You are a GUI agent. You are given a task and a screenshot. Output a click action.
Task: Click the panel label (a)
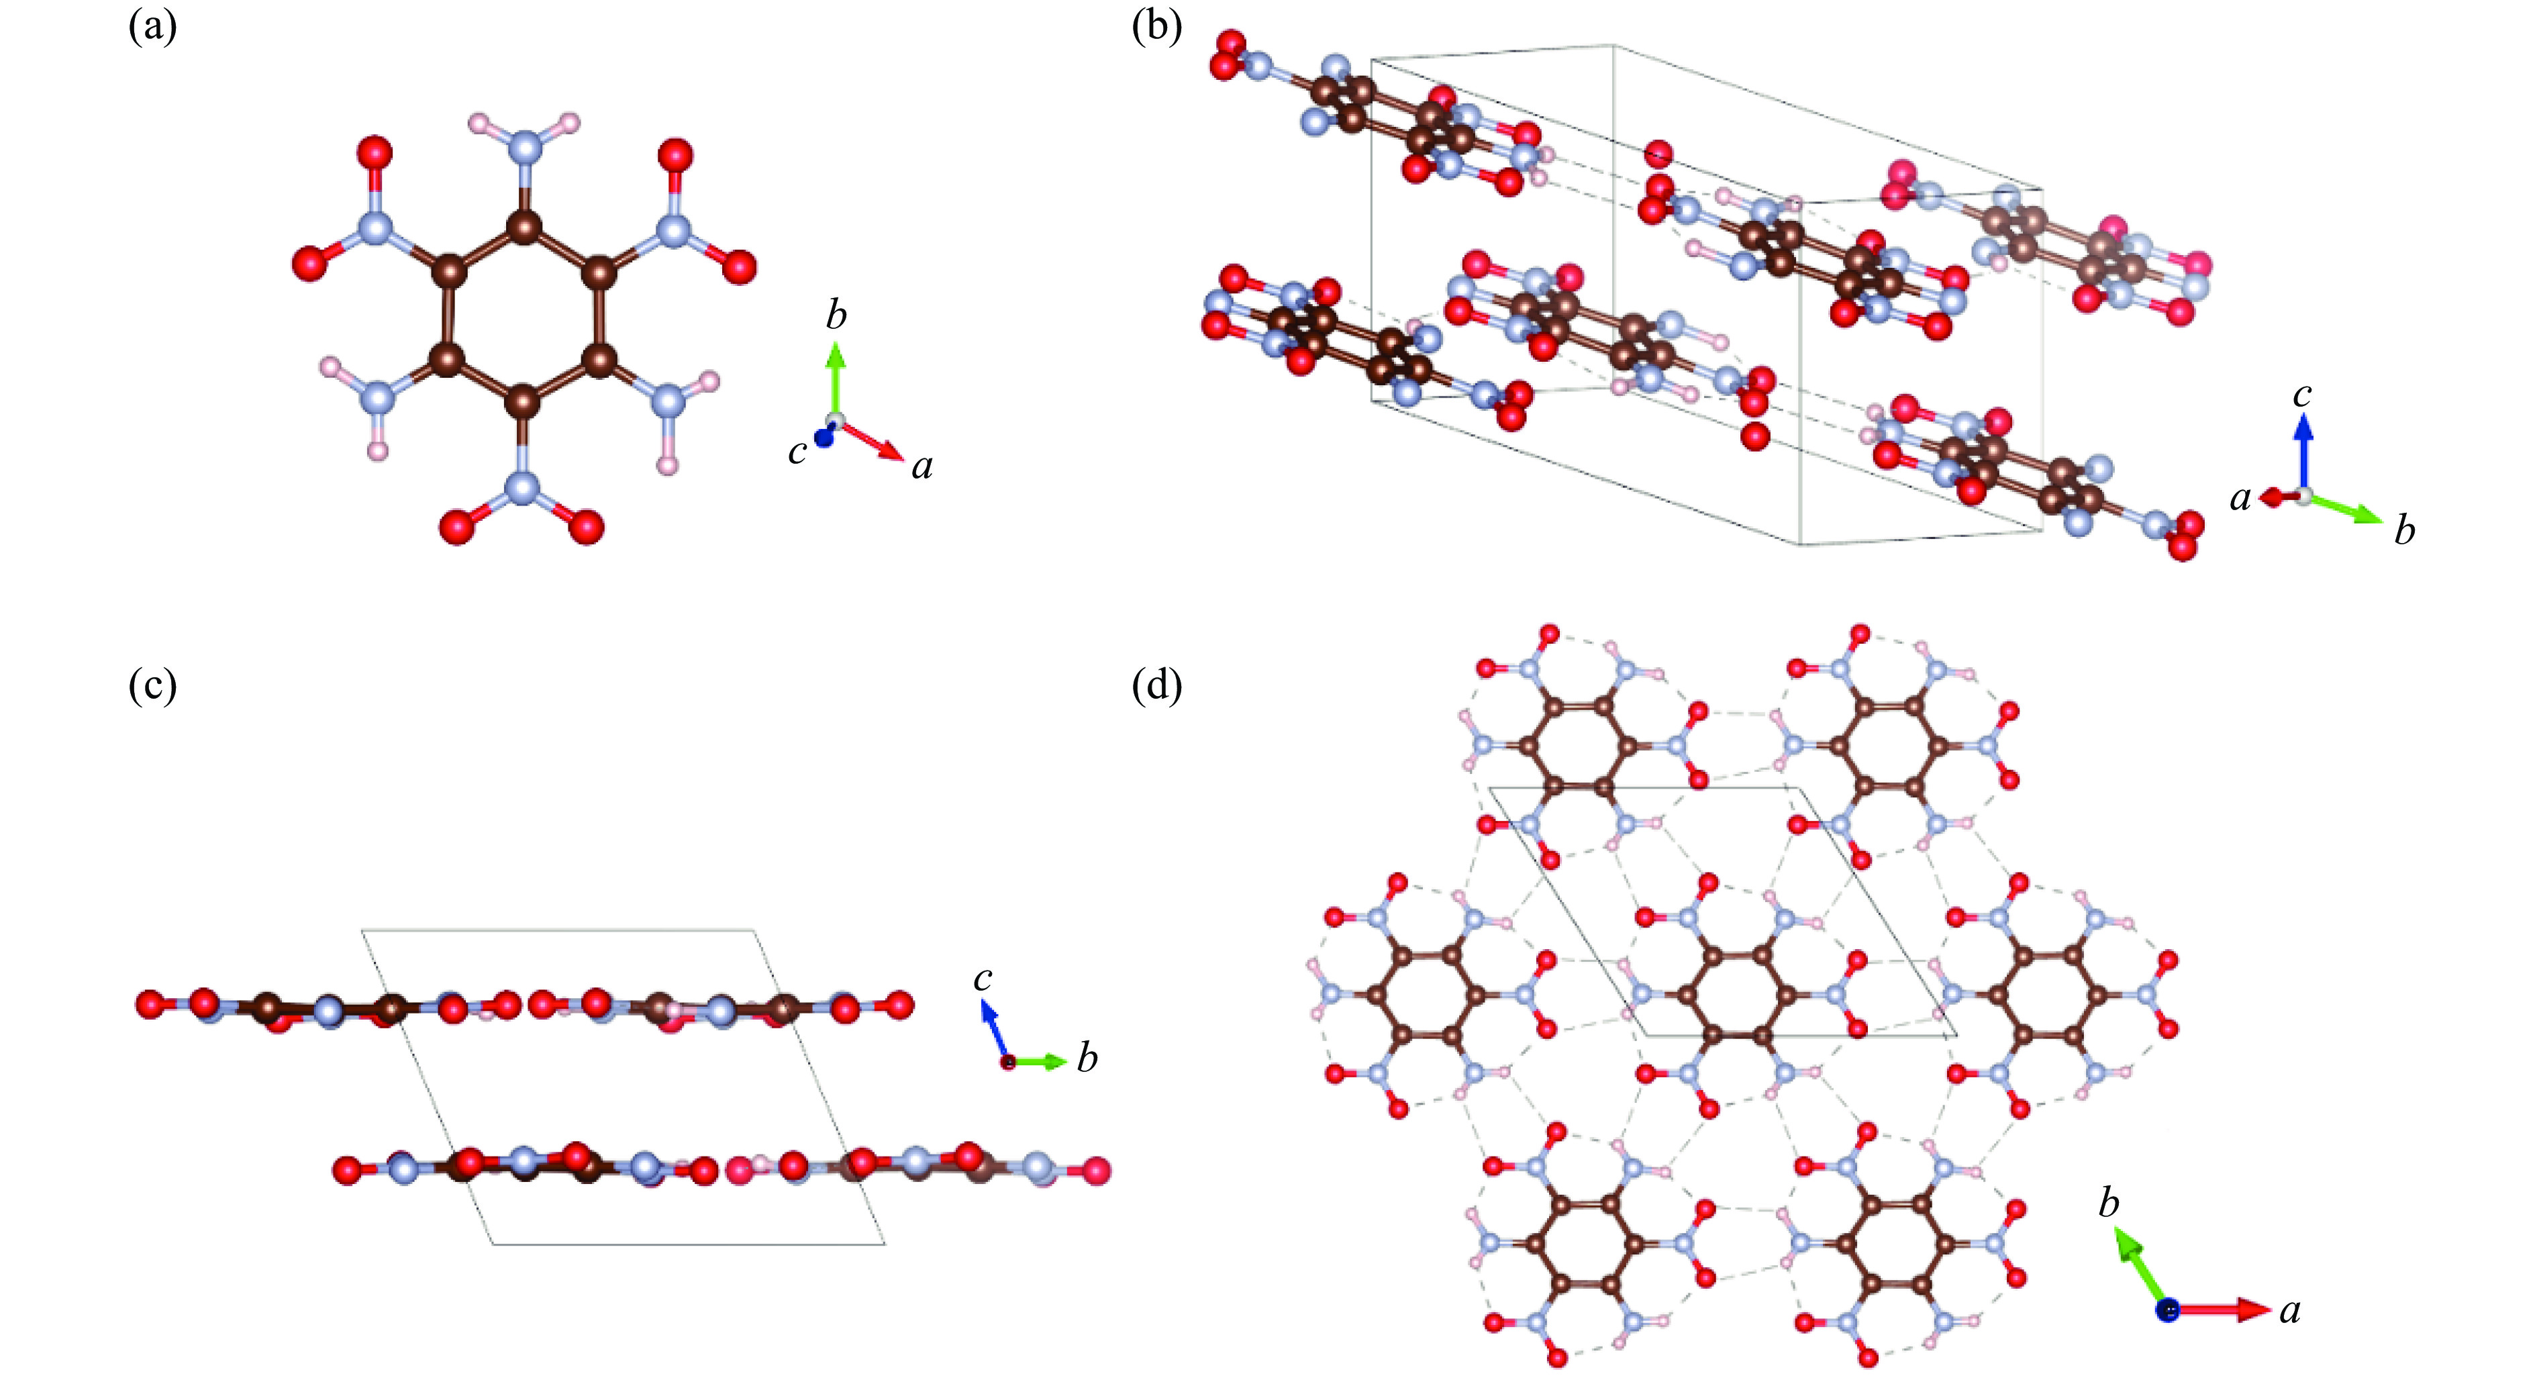pyautogui.click(x=152, y=28)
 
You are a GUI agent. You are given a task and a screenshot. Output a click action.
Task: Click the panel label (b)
pyautogui.click(x=1156, y=28)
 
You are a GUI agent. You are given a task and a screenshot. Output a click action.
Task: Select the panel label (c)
pyautogui.click(x=152, y=685)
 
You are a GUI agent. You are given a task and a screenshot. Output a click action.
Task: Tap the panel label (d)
pyautogui.click(x=1157, y=685)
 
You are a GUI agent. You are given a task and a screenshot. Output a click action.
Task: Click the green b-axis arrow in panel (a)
pyautogui.click(x=835, y=379)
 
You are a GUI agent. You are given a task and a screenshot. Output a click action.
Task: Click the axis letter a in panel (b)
pyautogui.click(x=2240, y=499)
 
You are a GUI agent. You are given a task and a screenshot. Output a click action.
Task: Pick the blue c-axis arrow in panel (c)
pyautogui.click(x=993, y=1030)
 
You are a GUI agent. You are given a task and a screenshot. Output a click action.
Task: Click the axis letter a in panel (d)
pyautogui.click(x=2291, y=1310)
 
